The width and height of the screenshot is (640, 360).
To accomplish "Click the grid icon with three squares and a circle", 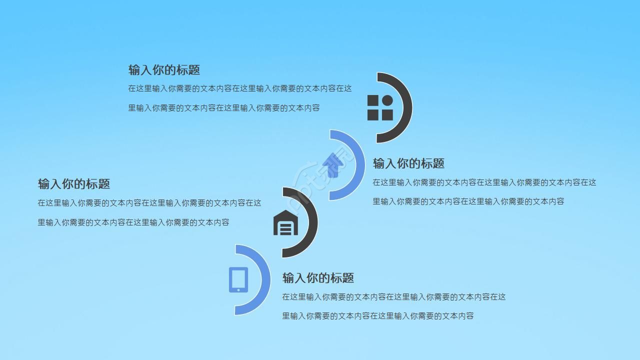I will [x=380, y=107].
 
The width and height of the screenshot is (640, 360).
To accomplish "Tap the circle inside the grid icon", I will [x=387, y=101].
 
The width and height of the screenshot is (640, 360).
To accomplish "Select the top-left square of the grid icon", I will [x=373, y=101].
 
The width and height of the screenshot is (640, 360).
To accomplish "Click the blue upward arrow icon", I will [x=332, y=165].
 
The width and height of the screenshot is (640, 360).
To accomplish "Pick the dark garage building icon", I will [x=285, y=222].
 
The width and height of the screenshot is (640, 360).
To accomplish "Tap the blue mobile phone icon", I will [x=238, y=279].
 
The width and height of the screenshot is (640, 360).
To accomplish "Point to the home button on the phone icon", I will [x=238, y=289].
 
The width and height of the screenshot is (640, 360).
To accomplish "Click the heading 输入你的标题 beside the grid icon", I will [x=164, y=70].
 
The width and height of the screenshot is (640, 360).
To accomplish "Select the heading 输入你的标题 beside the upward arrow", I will [x=408, y=163].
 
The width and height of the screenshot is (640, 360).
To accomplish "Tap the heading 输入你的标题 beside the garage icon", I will [x=74, y=184].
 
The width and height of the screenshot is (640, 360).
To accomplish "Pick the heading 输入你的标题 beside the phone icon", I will [x=318, y=278].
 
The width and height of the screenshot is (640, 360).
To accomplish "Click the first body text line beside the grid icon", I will [x=240, y=88].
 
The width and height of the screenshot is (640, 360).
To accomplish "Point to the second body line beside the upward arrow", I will [x=468, y=201].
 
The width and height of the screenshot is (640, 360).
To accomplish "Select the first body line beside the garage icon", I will [x=149, y=203].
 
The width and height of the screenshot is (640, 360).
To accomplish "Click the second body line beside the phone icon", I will [x=377, y=316].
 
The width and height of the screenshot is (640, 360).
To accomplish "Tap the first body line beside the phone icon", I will [x=393, y=297].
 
